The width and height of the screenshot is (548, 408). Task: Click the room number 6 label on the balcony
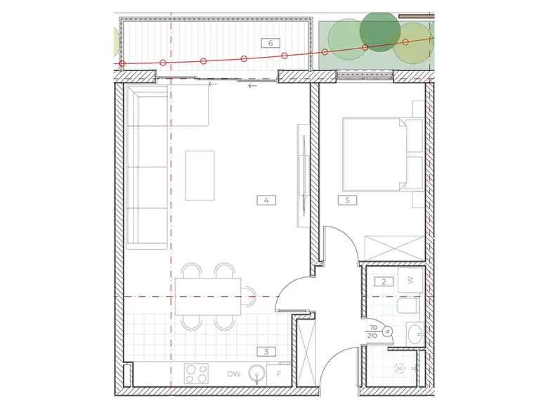tap(270, 43)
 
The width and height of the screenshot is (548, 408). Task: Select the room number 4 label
tap(266, 200)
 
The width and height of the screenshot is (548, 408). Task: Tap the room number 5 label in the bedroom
tap(347, 200)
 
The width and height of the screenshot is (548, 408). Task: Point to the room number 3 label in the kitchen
tap(266, 351)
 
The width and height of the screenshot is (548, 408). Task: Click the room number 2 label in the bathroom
tap(384, 281)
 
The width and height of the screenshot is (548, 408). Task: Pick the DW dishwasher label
tap(233, 374)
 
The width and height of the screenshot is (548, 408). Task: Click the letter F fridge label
tap(279, 374)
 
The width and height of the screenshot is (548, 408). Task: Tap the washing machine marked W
tap(411, 280)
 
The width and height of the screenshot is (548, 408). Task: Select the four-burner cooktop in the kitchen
tap(197, 374)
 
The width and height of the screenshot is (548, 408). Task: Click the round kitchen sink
tap(257, 374)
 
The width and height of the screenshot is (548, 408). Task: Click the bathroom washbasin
tap(415, 333)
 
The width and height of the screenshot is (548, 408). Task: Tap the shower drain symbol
tap(400, 369)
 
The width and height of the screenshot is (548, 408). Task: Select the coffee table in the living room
tap(200, 176)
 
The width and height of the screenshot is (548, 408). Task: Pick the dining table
tap(208, 296)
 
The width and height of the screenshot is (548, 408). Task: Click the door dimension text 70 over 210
tap(373, 332)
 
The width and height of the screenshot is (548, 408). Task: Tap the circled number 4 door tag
tap(387, 331)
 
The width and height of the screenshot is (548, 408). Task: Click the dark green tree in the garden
tap(380, 32)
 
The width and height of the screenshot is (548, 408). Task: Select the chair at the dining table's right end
tap(249, 296)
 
